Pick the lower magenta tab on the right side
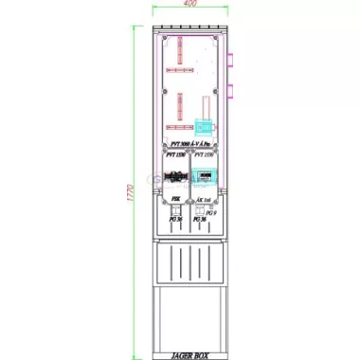(230, 92)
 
